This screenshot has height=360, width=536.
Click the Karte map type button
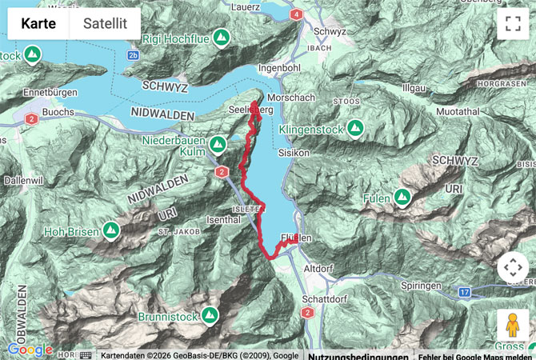click(x=38, y=23)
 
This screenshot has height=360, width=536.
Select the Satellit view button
click(x=105, y=23)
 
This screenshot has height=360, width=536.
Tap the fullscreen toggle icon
click(x=512, y=24)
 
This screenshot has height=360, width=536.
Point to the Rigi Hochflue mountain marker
click(x=221, y=37)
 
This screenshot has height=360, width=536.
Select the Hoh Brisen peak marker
click(x=111, y=232)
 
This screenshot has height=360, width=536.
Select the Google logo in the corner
click(x=30, y=350)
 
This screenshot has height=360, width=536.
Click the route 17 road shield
click(x=465, y=293)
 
